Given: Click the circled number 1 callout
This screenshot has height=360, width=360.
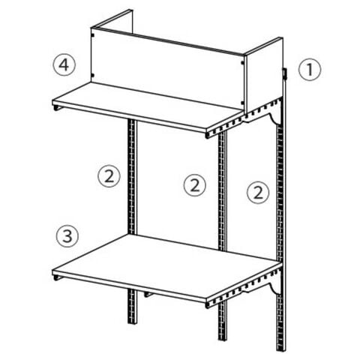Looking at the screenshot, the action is pyautogui.click(x=310, y=70).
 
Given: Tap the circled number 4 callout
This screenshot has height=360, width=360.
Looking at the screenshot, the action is pyautogui.click(x=64, y=65).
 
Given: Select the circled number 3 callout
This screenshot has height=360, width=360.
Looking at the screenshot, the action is pyautogui.click(x=67, y=236).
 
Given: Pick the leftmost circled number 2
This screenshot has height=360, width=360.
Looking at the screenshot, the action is pyautogui.click(x=109, y=176).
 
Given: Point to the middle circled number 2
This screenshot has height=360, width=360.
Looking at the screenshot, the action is pyautogui.click(x=195, y=185).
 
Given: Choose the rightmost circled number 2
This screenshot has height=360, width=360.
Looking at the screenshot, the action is pyautogui.click(x=258, y=193).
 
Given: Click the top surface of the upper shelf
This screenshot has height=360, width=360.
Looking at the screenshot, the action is pyautogui.click(x=148, y=105).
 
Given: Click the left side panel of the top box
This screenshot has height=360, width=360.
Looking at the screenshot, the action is pyautogui.click(x=112, y=22).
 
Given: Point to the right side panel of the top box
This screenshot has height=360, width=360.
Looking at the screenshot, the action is pyautogui.click(x=264, y=76).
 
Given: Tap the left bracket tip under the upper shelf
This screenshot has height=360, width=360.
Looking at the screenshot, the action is pyautogui.click(x=57, y=108).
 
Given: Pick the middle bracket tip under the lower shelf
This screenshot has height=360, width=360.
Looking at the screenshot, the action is pyautogui.click(x=148, y=295).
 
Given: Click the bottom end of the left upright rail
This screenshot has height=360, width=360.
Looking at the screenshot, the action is pyautogui.click(x=133, y=322).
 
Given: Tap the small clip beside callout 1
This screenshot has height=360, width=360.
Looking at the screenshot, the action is pyautogui.click(x=285, y=74).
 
